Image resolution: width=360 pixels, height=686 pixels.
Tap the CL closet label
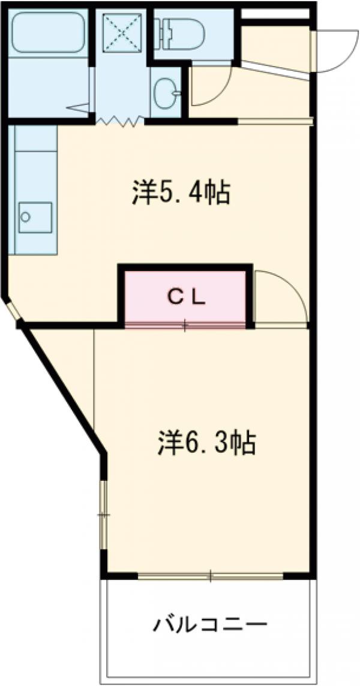click(185, 296)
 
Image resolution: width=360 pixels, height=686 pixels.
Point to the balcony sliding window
click(210, 577)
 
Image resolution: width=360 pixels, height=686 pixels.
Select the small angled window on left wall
click(13, 311)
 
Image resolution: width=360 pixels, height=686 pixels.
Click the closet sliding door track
click(185, 326)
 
